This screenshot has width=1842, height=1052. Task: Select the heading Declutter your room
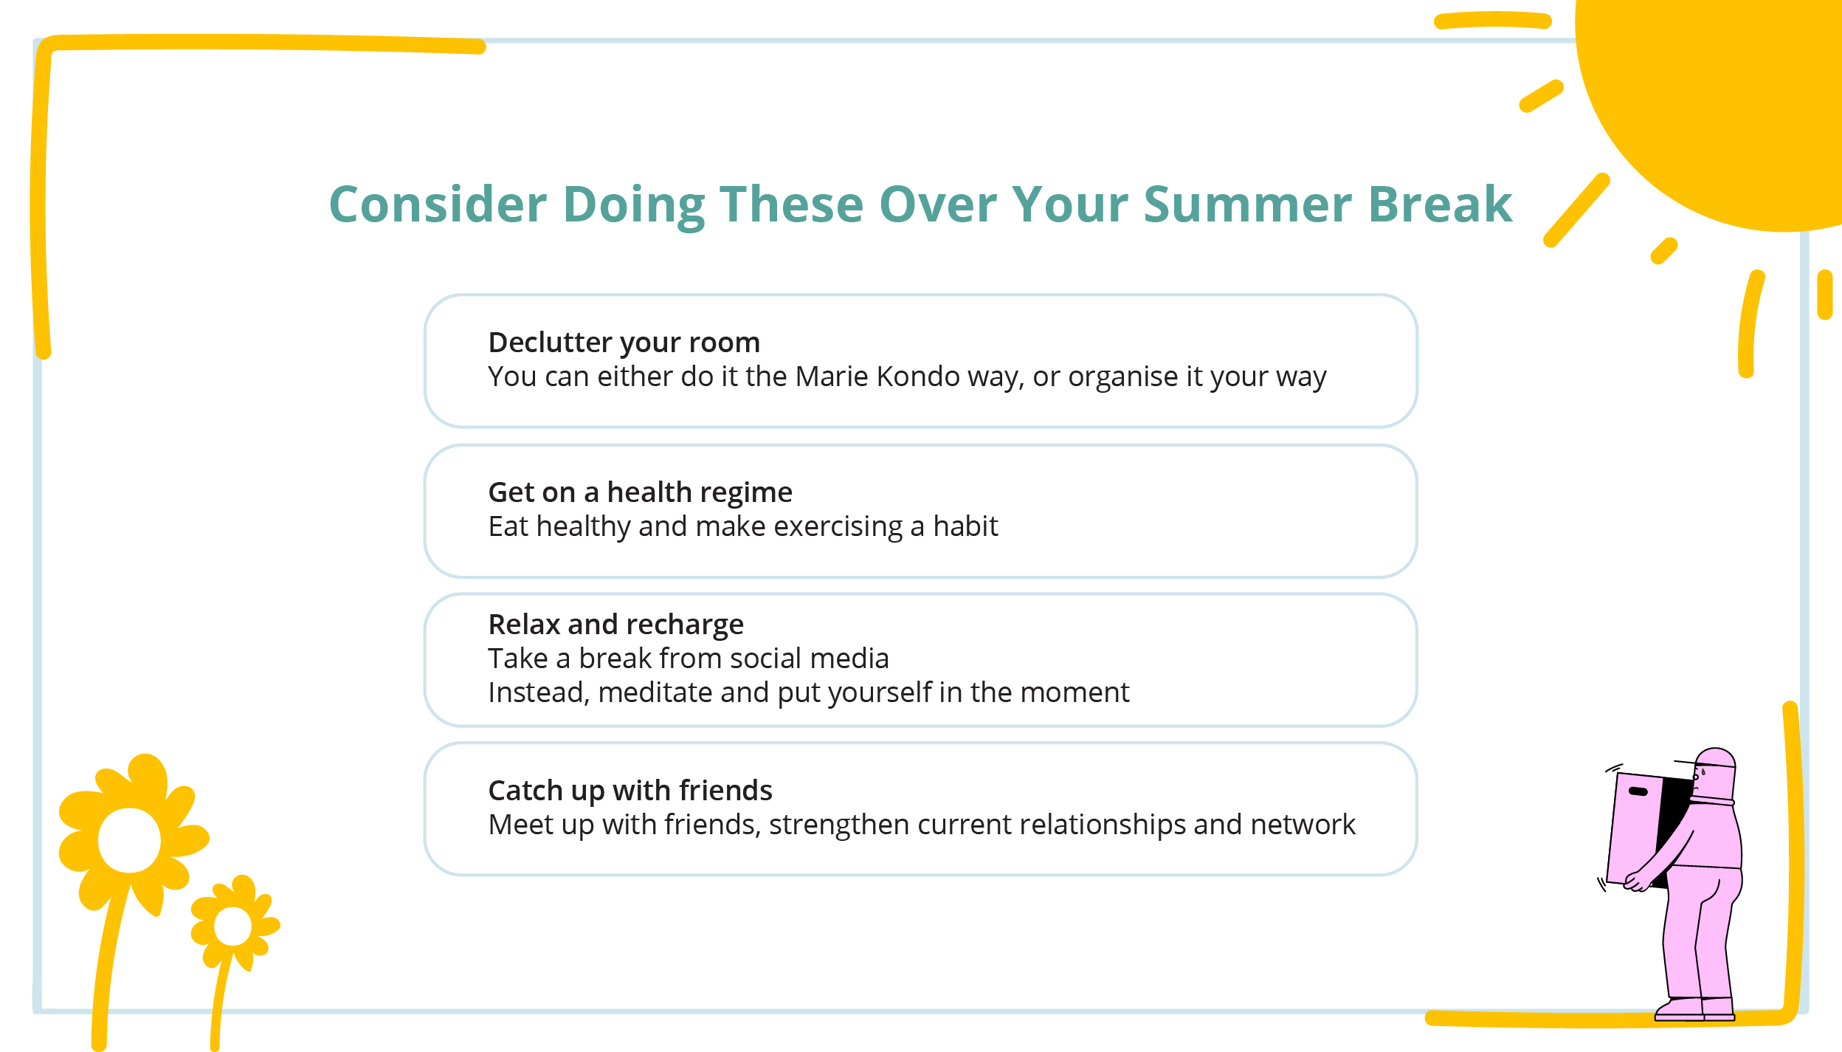(624, 343)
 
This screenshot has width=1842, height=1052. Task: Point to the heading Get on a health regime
(640, 492)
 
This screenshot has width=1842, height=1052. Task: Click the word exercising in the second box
(838, 526)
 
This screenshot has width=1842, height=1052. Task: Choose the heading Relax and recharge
(615, 625)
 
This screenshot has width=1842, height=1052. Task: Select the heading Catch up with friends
(629, 791)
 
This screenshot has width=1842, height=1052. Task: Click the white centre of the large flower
(129, 840)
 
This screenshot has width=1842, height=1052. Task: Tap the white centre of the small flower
(232, 926)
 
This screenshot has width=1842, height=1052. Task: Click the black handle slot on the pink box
(1638, 791)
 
